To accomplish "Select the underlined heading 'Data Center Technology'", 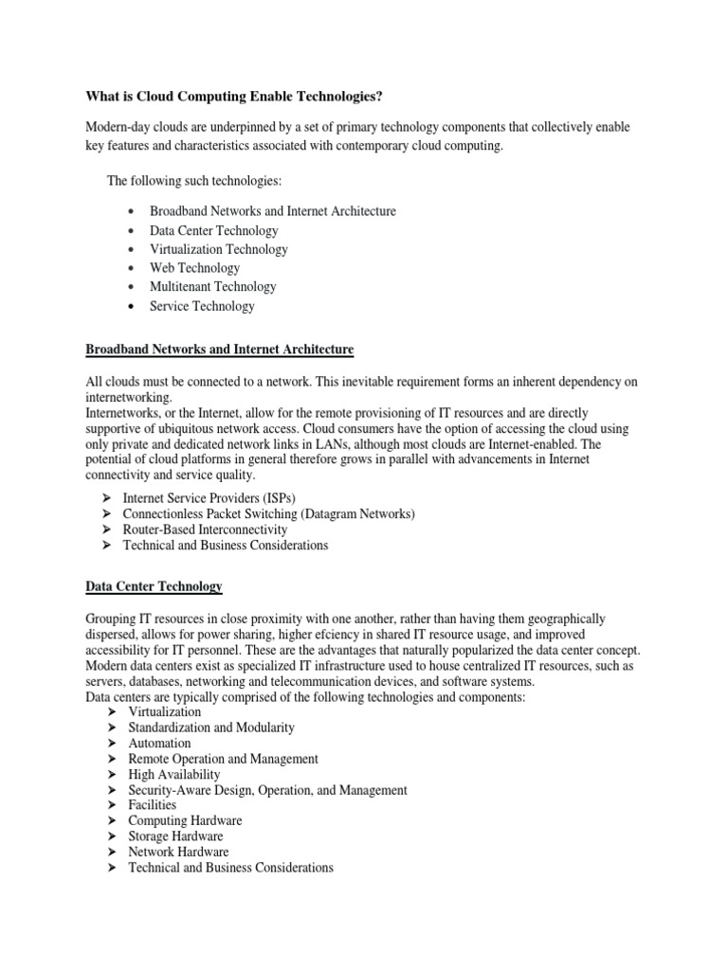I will pos(154,587).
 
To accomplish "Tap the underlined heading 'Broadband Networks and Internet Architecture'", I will pos(219,350).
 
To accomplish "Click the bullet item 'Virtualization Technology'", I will pos(218,249).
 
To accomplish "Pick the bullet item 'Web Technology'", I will pos(194,268).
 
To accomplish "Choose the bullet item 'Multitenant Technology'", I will pos(212,287).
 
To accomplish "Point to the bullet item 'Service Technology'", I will pos(202,306).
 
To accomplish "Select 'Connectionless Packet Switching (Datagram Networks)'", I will pos(272,513).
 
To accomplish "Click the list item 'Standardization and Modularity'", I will pos(211,727).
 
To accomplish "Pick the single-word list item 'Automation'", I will pos(159,744).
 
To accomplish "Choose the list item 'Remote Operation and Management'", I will pos(223,759).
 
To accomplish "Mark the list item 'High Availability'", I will pos(174,775).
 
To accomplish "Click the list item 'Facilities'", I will pos(153,805).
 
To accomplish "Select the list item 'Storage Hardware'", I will pos(176,836).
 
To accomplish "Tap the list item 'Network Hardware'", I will pos(178,852).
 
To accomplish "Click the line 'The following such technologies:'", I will pos(194,180).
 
